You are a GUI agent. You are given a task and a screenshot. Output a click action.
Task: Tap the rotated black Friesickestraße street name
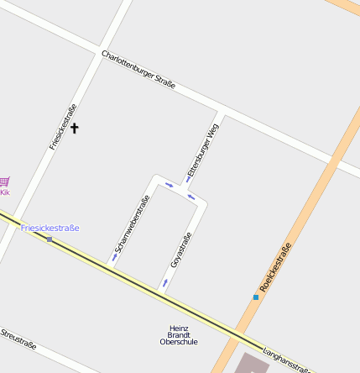(63, 126)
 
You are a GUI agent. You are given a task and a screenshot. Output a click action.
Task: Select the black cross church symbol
(74, 128)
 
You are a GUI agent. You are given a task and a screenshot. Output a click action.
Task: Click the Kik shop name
(5, 192)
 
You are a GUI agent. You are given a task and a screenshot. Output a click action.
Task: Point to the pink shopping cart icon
(4, 181)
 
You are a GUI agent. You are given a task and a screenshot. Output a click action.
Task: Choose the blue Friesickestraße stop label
(50, 228)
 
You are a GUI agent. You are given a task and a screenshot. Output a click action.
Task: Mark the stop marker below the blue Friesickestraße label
(50, 239)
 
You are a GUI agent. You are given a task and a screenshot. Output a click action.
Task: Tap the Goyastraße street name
(181, 250)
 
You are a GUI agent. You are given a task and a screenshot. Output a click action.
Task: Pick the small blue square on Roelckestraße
(256, 297)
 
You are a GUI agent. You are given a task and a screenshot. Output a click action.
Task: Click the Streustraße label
(18, 338)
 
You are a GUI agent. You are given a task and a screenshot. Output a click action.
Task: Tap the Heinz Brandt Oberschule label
(179, 335)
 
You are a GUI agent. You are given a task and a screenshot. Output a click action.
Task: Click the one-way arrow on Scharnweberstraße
(115, 257)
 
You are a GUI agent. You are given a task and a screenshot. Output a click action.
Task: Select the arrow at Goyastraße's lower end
(164, 283)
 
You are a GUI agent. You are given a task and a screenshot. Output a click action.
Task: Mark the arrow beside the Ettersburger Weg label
(187, 179)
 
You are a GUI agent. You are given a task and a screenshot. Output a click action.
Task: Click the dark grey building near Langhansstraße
(252, 364)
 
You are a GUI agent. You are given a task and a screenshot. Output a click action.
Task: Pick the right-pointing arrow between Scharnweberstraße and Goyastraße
(169, 185)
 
